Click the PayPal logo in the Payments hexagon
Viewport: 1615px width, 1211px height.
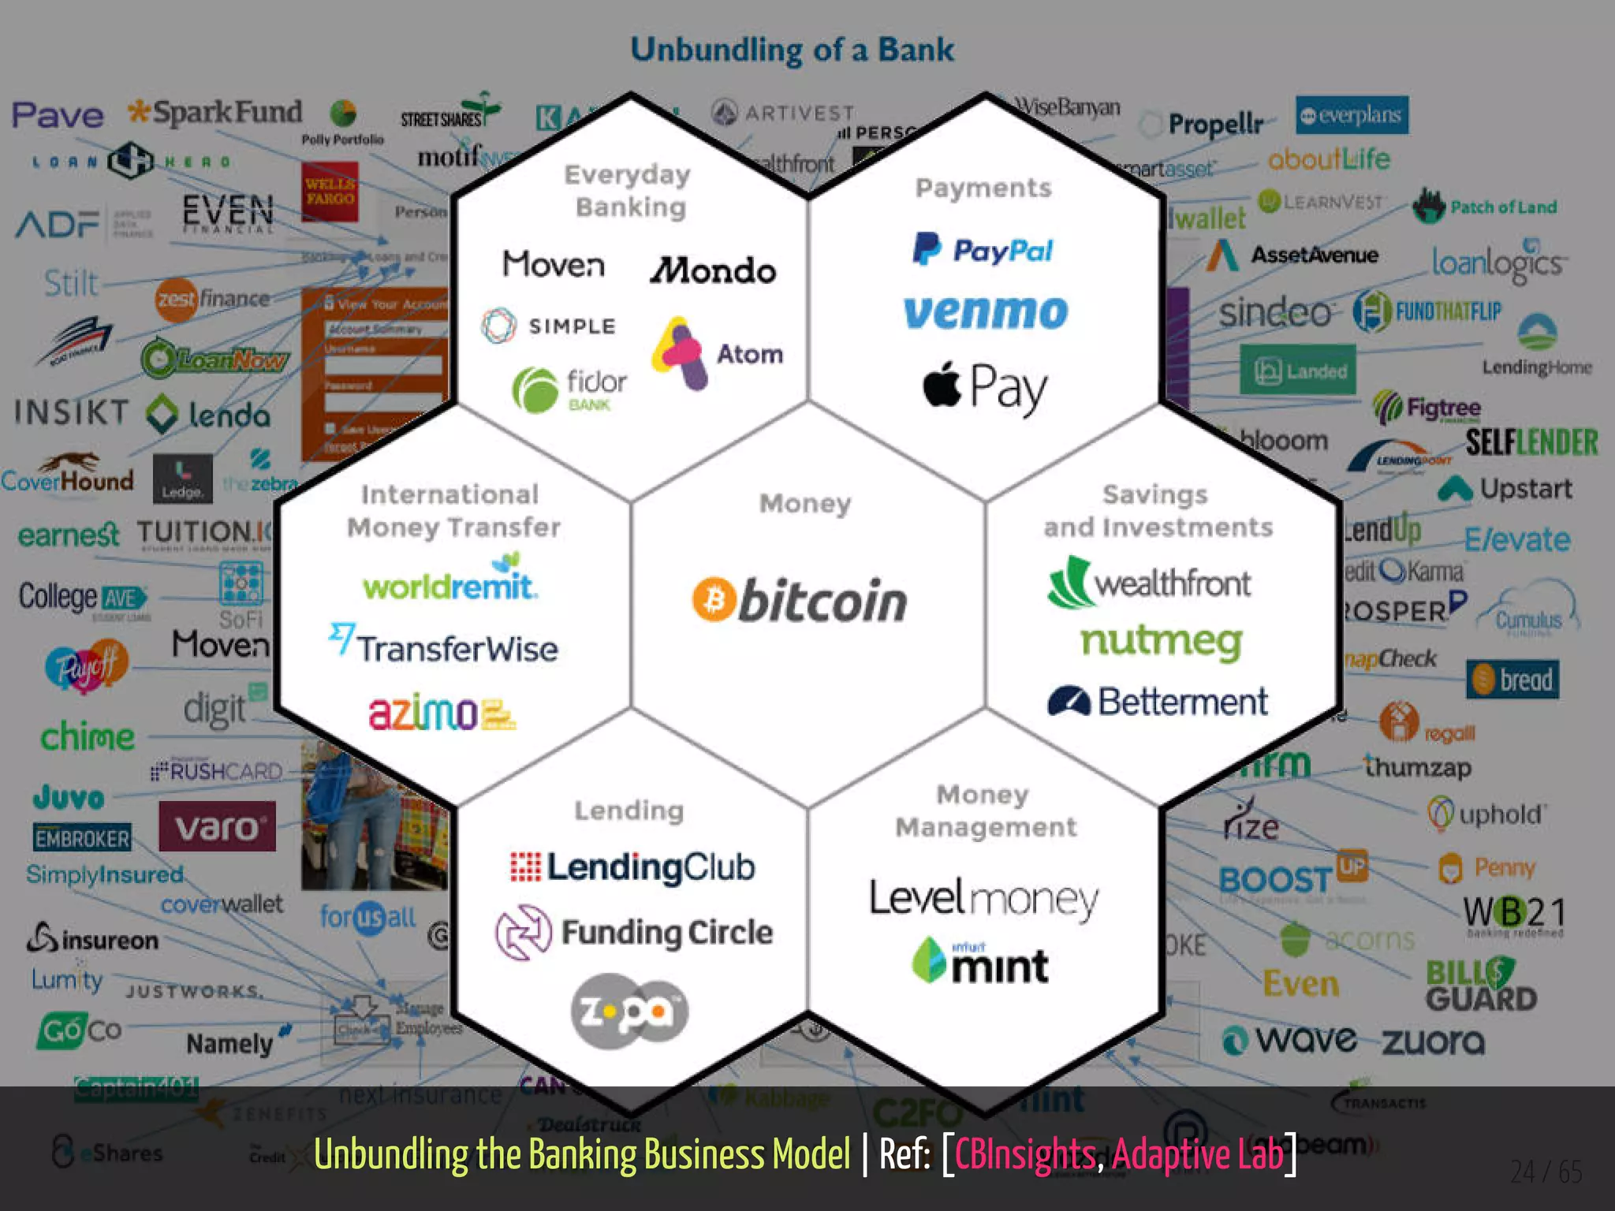click(983, 250)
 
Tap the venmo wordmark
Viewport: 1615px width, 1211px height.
click(986, 312)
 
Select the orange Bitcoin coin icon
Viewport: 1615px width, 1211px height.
click(714, 600)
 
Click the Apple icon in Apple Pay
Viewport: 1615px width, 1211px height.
click(942, 385)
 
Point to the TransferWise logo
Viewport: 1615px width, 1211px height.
click(443, 646)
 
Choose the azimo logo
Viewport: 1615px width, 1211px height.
click(442, 714)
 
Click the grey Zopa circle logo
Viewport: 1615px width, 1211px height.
click(629, 1012)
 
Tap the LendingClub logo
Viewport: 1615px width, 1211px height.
click(632, 867)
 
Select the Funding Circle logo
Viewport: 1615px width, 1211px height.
click(634, 933)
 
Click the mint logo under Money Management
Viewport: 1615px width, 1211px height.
click(980, 961)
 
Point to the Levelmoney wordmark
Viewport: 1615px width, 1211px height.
click(983, 899)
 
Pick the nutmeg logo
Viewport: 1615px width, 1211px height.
click(1161, 643)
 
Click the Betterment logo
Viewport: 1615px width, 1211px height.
click(1158, 701)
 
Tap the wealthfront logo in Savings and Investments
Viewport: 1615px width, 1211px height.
click(1149, 583)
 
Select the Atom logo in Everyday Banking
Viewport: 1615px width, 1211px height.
click(717, 353)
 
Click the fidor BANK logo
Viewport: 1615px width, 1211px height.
click(569, 389)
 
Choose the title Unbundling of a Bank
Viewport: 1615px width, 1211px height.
click(792, 50)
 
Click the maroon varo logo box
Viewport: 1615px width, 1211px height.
click(217, 827)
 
